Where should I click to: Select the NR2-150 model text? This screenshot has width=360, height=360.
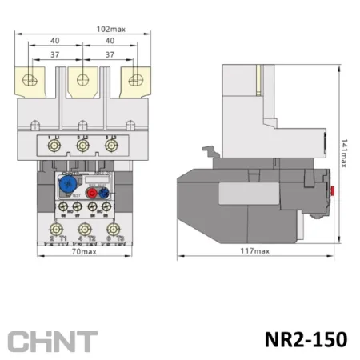pos(303,339)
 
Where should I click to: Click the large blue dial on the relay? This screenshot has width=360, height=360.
pos(63,183)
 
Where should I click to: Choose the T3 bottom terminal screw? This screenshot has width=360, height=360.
pos(114,230)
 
